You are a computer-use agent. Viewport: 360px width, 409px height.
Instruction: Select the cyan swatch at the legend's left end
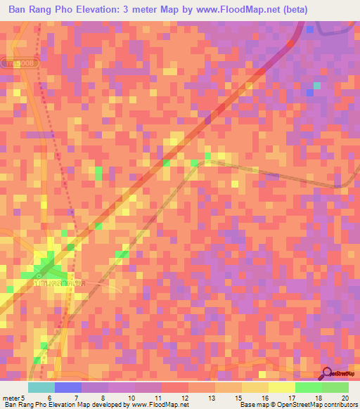41,387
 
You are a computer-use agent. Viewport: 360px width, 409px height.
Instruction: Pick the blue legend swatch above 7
68,387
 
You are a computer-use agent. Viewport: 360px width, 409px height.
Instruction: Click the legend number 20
345,398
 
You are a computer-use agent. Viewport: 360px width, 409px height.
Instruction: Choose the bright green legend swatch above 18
309,387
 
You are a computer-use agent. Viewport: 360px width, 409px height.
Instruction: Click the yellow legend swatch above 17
282,387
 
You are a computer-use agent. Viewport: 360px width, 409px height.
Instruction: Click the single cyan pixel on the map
316,86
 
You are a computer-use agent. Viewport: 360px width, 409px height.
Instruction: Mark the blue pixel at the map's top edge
309,29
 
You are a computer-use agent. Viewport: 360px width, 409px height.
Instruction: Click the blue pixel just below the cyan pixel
309,93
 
